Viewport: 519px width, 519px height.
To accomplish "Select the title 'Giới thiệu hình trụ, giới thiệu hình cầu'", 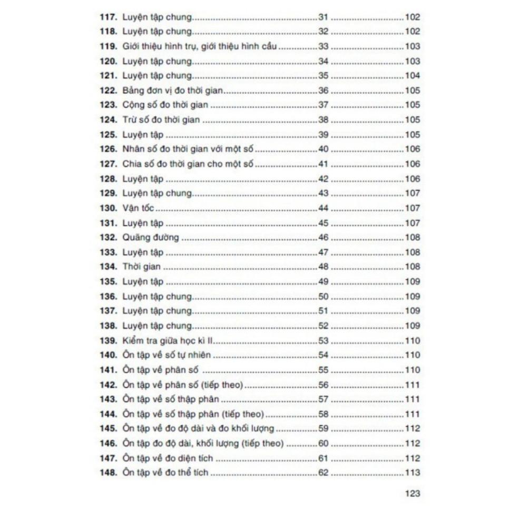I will pos(200,46).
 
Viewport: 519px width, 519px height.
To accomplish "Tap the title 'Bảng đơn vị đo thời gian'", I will pos(173,91).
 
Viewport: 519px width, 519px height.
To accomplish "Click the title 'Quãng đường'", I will pos(151,238).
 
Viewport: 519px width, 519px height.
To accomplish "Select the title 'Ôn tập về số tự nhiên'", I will pos(167,355).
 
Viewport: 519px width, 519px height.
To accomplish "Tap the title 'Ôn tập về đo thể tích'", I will pos(165,473).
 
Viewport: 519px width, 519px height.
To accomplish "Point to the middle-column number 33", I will pos(323,46).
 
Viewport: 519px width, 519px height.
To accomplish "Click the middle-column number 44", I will pos(323,208).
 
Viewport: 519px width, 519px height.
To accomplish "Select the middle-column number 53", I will pos(323,340).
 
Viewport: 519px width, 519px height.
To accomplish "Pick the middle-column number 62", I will pos(323,473).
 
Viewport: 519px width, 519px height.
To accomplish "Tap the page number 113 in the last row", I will pos(412,473).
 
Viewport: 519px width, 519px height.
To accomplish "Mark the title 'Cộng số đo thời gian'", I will pos(165,105).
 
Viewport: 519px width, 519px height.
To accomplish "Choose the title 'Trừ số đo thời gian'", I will pos(161,120).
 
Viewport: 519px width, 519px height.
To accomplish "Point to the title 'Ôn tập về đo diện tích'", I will pos(168,458).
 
